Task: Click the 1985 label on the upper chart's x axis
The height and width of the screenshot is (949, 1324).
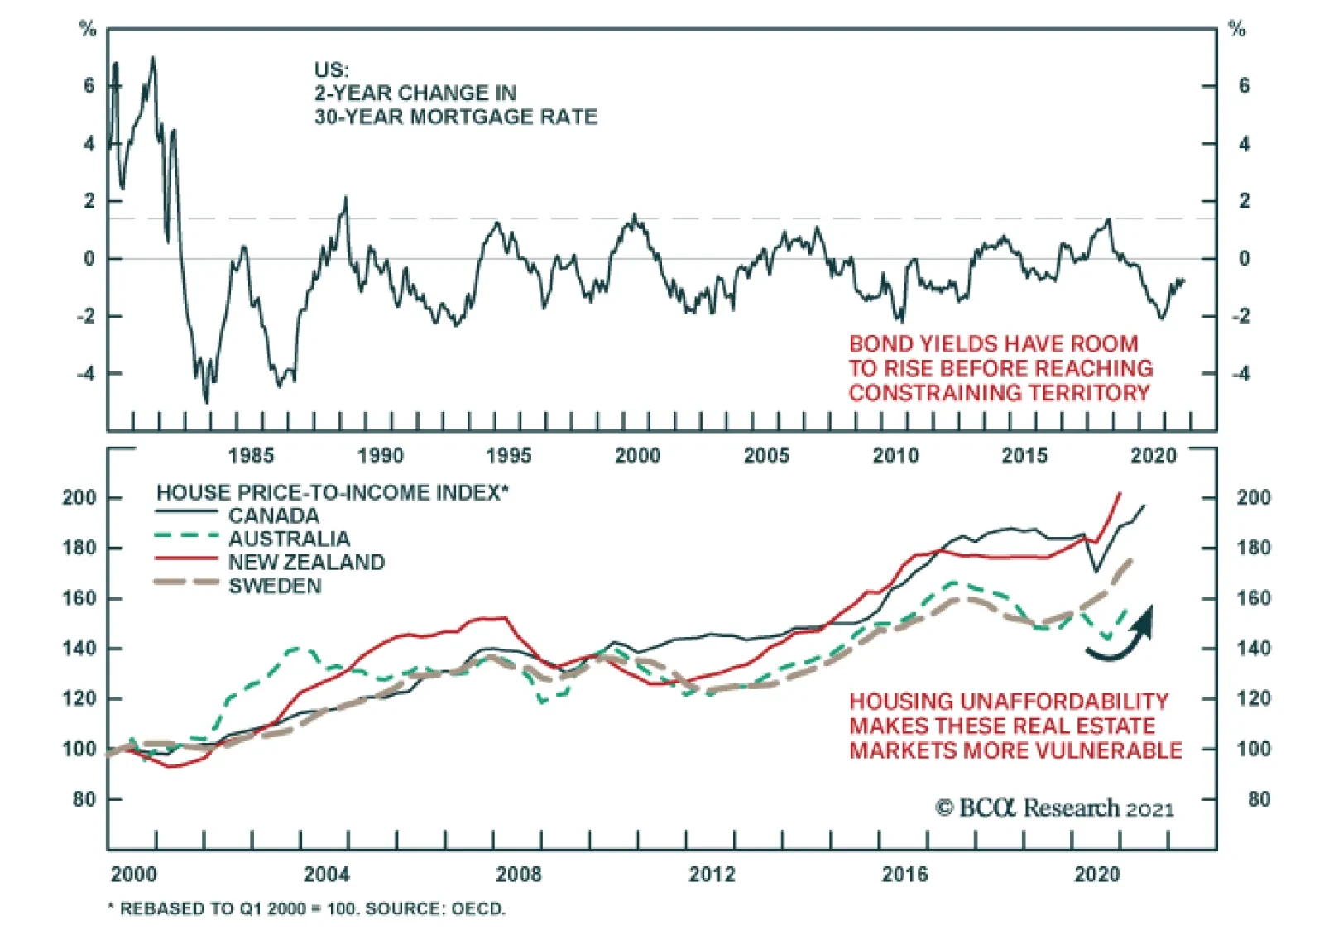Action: coord(251,456)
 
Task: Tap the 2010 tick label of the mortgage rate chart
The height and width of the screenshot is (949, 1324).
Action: coord(895,456)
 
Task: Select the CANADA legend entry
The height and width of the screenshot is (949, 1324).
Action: coord(274,516)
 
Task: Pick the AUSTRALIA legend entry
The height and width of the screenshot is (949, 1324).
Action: coord(289,539)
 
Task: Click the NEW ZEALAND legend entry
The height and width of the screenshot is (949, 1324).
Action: coord(306,563)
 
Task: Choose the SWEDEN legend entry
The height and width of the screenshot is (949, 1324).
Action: coord(275,586)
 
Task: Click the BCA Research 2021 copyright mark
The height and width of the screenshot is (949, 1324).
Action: coord(1054,808)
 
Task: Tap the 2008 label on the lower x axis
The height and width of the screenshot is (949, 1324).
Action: coord(518,875)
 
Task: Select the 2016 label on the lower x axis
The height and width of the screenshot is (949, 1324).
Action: coord(904,875)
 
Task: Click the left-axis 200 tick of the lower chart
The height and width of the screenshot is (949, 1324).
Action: coord(79,498)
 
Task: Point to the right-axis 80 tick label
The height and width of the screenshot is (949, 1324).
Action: coord(1259,799)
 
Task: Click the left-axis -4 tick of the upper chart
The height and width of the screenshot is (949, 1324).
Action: coord(86,374)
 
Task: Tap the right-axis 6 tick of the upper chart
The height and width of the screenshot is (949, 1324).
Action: coord(1244,86)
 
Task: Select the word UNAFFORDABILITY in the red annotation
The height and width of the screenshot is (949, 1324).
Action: coord(1064,702)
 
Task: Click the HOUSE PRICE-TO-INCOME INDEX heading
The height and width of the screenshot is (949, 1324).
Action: coord(332,493)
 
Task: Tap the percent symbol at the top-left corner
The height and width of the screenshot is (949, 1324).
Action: coord(88,30)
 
